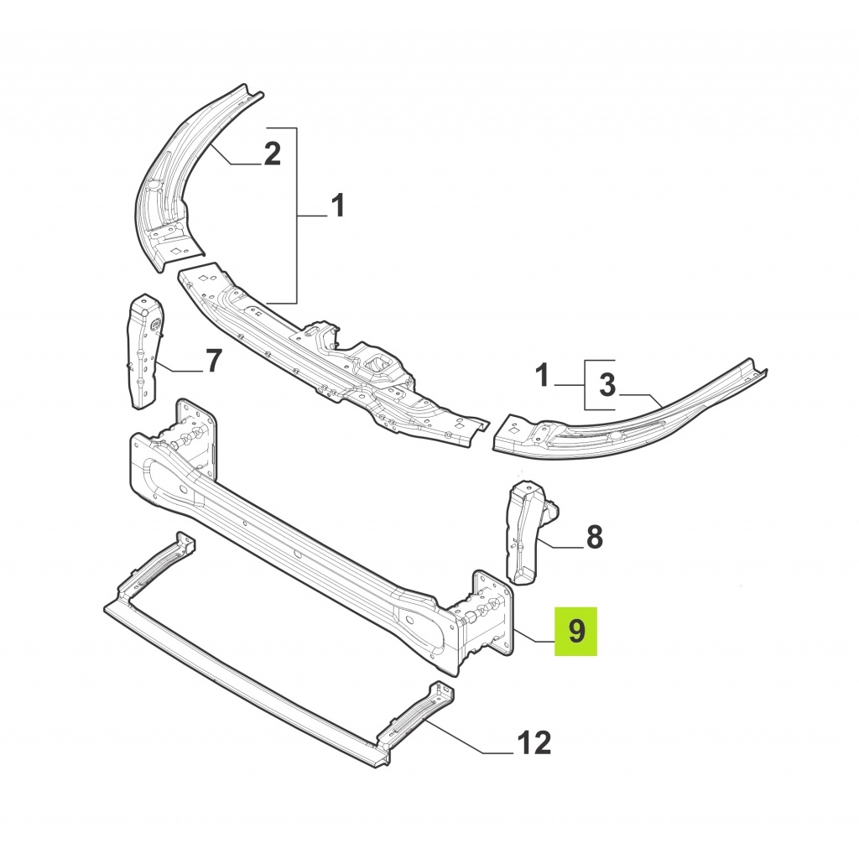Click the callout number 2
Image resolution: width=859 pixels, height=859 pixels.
(273, 154)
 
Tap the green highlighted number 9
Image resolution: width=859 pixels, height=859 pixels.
(576, 631)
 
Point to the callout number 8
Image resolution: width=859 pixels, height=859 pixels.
(595, 537)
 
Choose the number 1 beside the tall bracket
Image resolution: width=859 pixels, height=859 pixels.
(338, 206)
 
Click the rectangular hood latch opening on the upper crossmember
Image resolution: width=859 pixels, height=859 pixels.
(377, 362)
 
